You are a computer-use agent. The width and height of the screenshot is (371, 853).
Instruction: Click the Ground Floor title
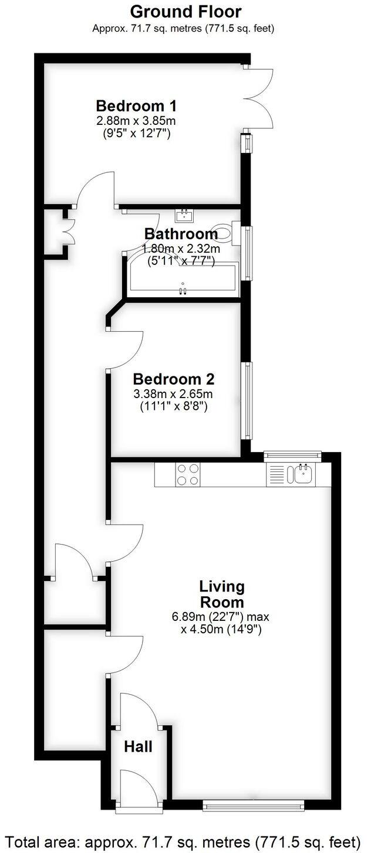click(185, 11)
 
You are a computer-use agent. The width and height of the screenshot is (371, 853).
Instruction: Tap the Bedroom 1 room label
click(136, 106)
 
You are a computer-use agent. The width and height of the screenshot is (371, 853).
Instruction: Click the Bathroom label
click(181, 233)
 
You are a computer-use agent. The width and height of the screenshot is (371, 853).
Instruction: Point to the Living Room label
click(221, 594)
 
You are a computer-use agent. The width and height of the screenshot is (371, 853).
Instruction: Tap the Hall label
click(138, 746)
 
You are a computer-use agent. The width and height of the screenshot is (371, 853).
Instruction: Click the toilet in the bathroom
click(225, 232)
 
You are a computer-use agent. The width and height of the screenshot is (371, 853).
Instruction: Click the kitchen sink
click(303, 474)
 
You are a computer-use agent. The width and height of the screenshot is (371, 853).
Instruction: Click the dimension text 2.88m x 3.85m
click(136, 121)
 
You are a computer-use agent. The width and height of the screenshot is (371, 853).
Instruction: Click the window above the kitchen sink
click(292, 454)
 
